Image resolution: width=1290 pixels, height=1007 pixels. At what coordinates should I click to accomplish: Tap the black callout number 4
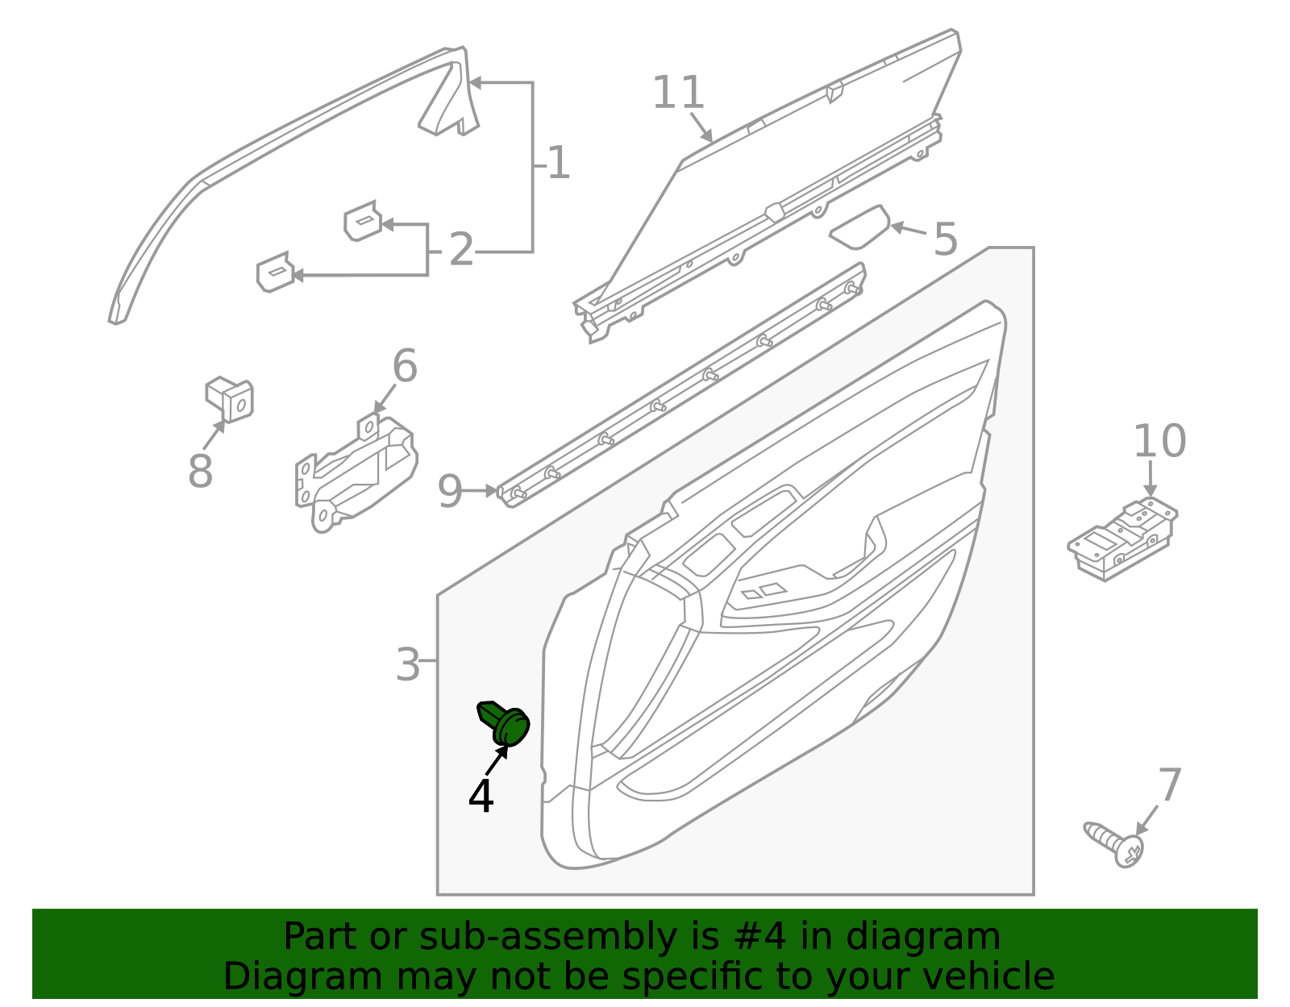coord(481,797)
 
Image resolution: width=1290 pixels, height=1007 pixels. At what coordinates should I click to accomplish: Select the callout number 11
coord(678,94)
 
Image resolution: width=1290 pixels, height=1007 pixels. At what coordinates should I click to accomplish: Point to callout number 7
coord(1169,785)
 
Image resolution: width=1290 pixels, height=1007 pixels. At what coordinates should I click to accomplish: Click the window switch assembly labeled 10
coord(1122,539)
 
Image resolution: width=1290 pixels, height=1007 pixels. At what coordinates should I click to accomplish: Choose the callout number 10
coord(1159,441)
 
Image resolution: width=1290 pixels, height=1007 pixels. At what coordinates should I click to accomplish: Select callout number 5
coord(945,240)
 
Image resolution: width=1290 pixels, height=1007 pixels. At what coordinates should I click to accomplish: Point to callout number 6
coord(405,367)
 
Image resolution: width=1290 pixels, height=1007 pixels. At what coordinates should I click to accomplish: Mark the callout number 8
coord(200,472)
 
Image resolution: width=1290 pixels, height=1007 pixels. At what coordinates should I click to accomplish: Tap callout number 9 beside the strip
coord(450,491)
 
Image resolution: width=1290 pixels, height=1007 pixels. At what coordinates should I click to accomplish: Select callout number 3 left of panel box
coord(408,665)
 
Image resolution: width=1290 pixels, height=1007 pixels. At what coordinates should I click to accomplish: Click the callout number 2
coord(461,250)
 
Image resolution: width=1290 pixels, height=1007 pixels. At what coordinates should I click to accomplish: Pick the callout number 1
coord(558,164)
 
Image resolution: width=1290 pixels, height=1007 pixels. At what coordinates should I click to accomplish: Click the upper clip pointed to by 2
coord(363,221)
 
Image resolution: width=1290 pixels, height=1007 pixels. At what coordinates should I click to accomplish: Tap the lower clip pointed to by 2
coord(274,273)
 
